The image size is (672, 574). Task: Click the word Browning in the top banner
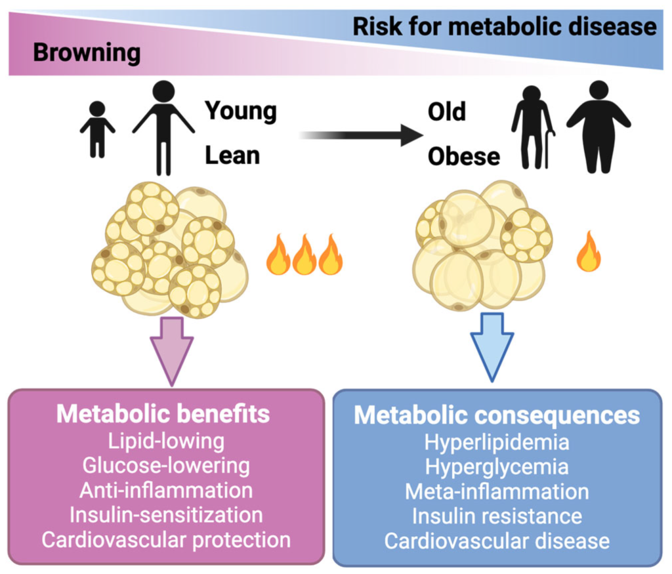click(87, 52)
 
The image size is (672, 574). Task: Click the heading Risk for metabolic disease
click(504, 26)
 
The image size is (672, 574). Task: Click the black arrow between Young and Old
click(360, 136)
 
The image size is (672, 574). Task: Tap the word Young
click(241, 111)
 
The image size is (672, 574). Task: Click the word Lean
click(232, 155)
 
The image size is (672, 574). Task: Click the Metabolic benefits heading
click(163, 415)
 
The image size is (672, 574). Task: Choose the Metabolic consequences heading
click(497, 416)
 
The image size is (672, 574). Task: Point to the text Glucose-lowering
click(166, 465)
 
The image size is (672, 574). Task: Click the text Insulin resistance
click(497, 516)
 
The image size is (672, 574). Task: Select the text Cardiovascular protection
click(166, 539)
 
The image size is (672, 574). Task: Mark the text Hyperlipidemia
click(497, 442)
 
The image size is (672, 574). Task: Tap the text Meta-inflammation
click(497, 491)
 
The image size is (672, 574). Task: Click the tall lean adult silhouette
click(163, 128)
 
